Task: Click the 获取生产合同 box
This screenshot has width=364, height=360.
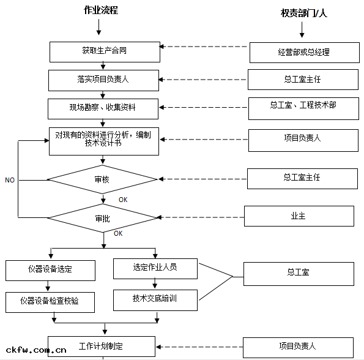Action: tap(104, 51)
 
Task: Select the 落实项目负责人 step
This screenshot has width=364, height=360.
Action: tap(103, 80)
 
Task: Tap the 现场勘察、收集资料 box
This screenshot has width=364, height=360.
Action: tap(103, 108)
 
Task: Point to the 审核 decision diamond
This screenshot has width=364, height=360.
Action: tap(102, 179)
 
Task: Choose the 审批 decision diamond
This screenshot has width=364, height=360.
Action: tap(102, 218)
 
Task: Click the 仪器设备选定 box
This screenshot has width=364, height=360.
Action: tap(51, 270)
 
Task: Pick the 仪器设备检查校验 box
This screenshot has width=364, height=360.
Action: tap(51, 302)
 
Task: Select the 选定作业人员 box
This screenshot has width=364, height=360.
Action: tap(155, 268)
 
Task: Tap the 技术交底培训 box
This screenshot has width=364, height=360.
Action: tap(155, 299)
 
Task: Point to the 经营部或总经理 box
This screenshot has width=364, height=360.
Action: tap(303, 53)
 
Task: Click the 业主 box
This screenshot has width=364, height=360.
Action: tap(299, 216)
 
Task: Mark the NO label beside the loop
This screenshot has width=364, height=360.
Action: tap(10, 181)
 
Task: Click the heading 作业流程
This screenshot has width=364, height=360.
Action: tap(101, 11)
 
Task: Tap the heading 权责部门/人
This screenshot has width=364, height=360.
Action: tap(304, 13)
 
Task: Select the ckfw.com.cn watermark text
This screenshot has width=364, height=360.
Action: tap(34, 350)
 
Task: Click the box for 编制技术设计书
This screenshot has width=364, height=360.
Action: tap(104, 140)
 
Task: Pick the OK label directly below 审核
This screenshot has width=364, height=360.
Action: tap(123, 200)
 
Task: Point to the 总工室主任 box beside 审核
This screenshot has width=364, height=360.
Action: tap(302, 178)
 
